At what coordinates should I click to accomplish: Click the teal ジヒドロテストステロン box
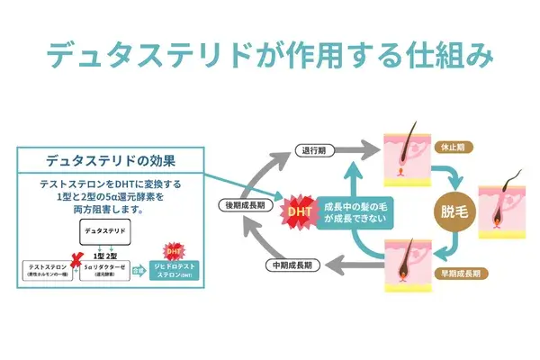176,272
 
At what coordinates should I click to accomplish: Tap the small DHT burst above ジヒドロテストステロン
175,250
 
